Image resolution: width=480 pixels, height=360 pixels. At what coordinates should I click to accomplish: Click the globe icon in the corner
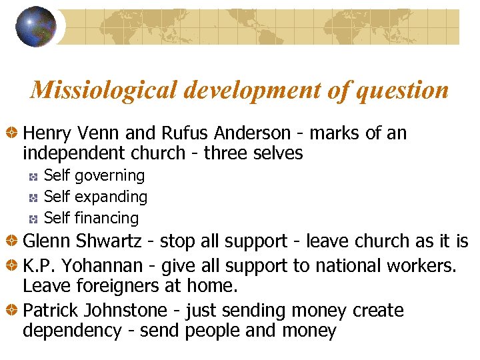click(x=36, y=26)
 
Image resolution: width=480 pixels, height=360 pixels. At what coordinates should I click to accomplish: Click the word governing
click(x=109, y=176)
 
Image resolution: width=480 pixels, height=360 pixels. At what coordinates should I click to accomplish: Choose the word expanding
click(x=111, y=197)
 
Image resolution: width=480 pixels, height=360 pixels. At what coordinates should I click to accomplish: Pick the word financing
click(x=107, y=219)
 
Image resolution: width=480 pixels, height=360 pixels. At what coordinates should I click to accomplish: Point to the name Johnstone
click(x=132, y=311)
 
